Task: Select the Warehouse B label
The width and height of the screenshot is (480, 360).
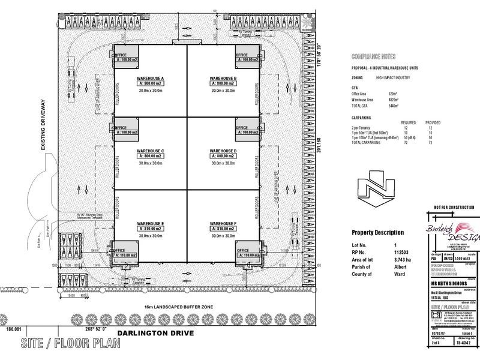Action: point(223,79)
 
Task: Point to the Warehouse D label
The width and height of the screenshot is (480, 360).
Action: point(223,151)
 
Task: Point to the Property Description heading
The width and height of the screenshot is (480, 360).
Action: point(377,232)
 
